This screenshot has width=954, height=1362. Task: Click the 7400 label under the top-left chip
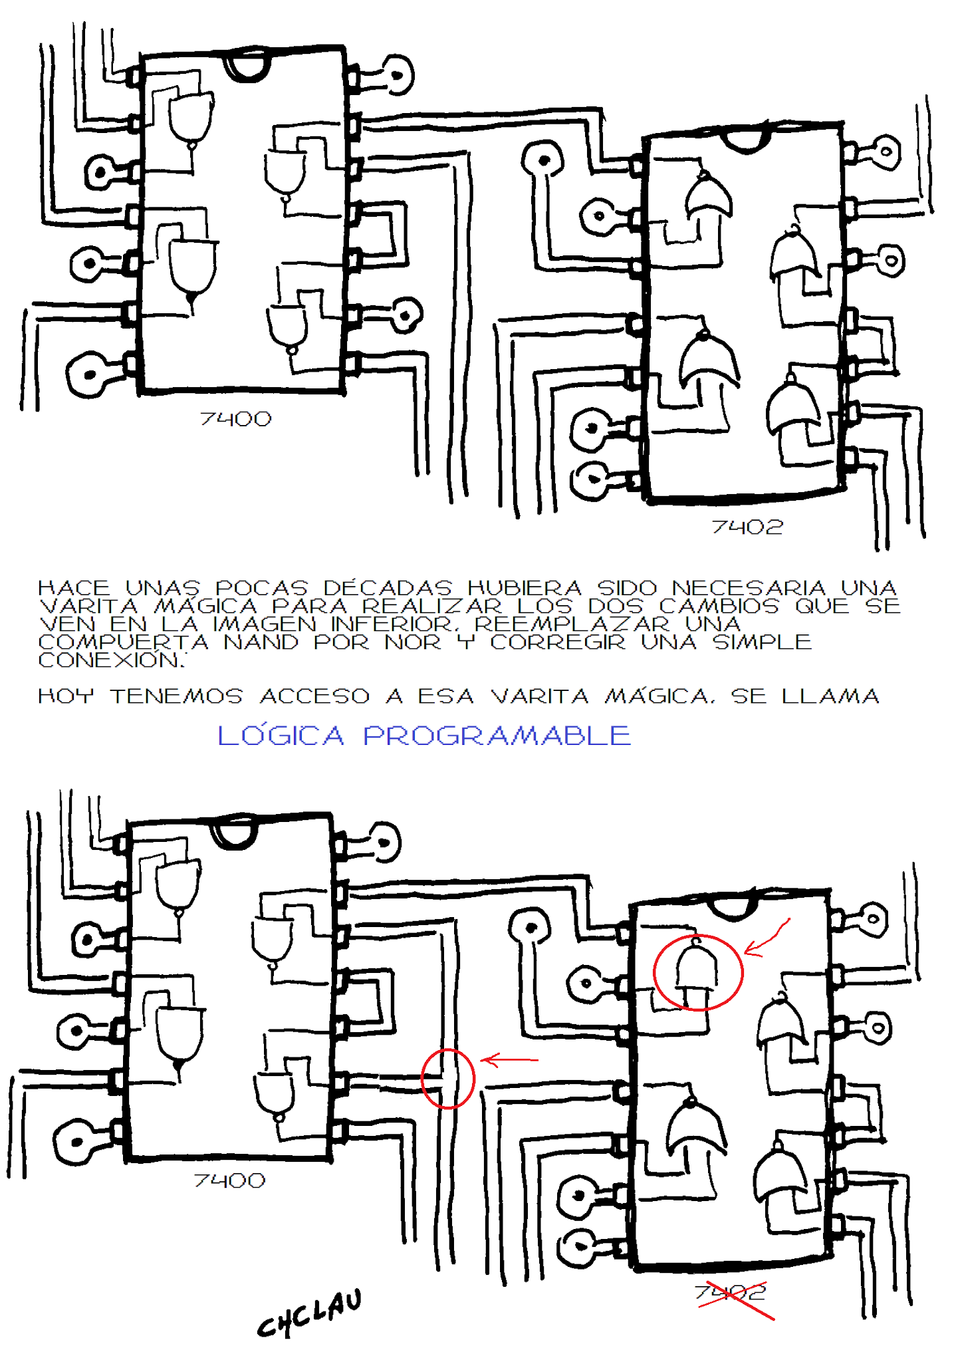coord(236,419)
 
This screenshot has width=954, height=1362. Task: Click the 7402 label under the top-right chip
coord(747,527)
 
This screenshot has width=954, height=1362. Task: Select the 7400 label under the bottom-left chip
coord(230,1180)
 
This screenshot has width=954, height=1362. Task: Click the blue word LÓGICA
coord(281,736)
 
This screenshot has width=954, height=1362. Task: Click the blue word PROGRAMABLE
coord(497,736)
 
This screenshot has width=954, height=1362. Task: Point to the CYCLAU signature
coord(310,1313)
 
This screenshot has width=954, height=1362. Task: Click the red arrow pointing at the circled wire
coord(509,1060)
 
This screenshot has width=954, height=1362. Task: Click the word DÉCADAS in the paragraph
coord(388,588)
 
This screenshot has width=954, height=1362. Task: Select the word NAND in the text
coord(261,642)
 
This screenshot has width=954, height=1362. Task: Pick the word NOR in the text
coord(413,642)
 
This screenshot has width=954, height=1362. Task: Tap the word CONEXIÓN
coord(112,660)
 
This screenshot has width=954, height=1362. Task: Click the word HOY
coord(66,696)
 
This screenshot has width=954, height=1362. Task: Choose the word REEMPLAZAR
coord(572,624)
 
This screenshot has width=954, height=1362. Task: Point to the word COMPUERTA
coord(124,642)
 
